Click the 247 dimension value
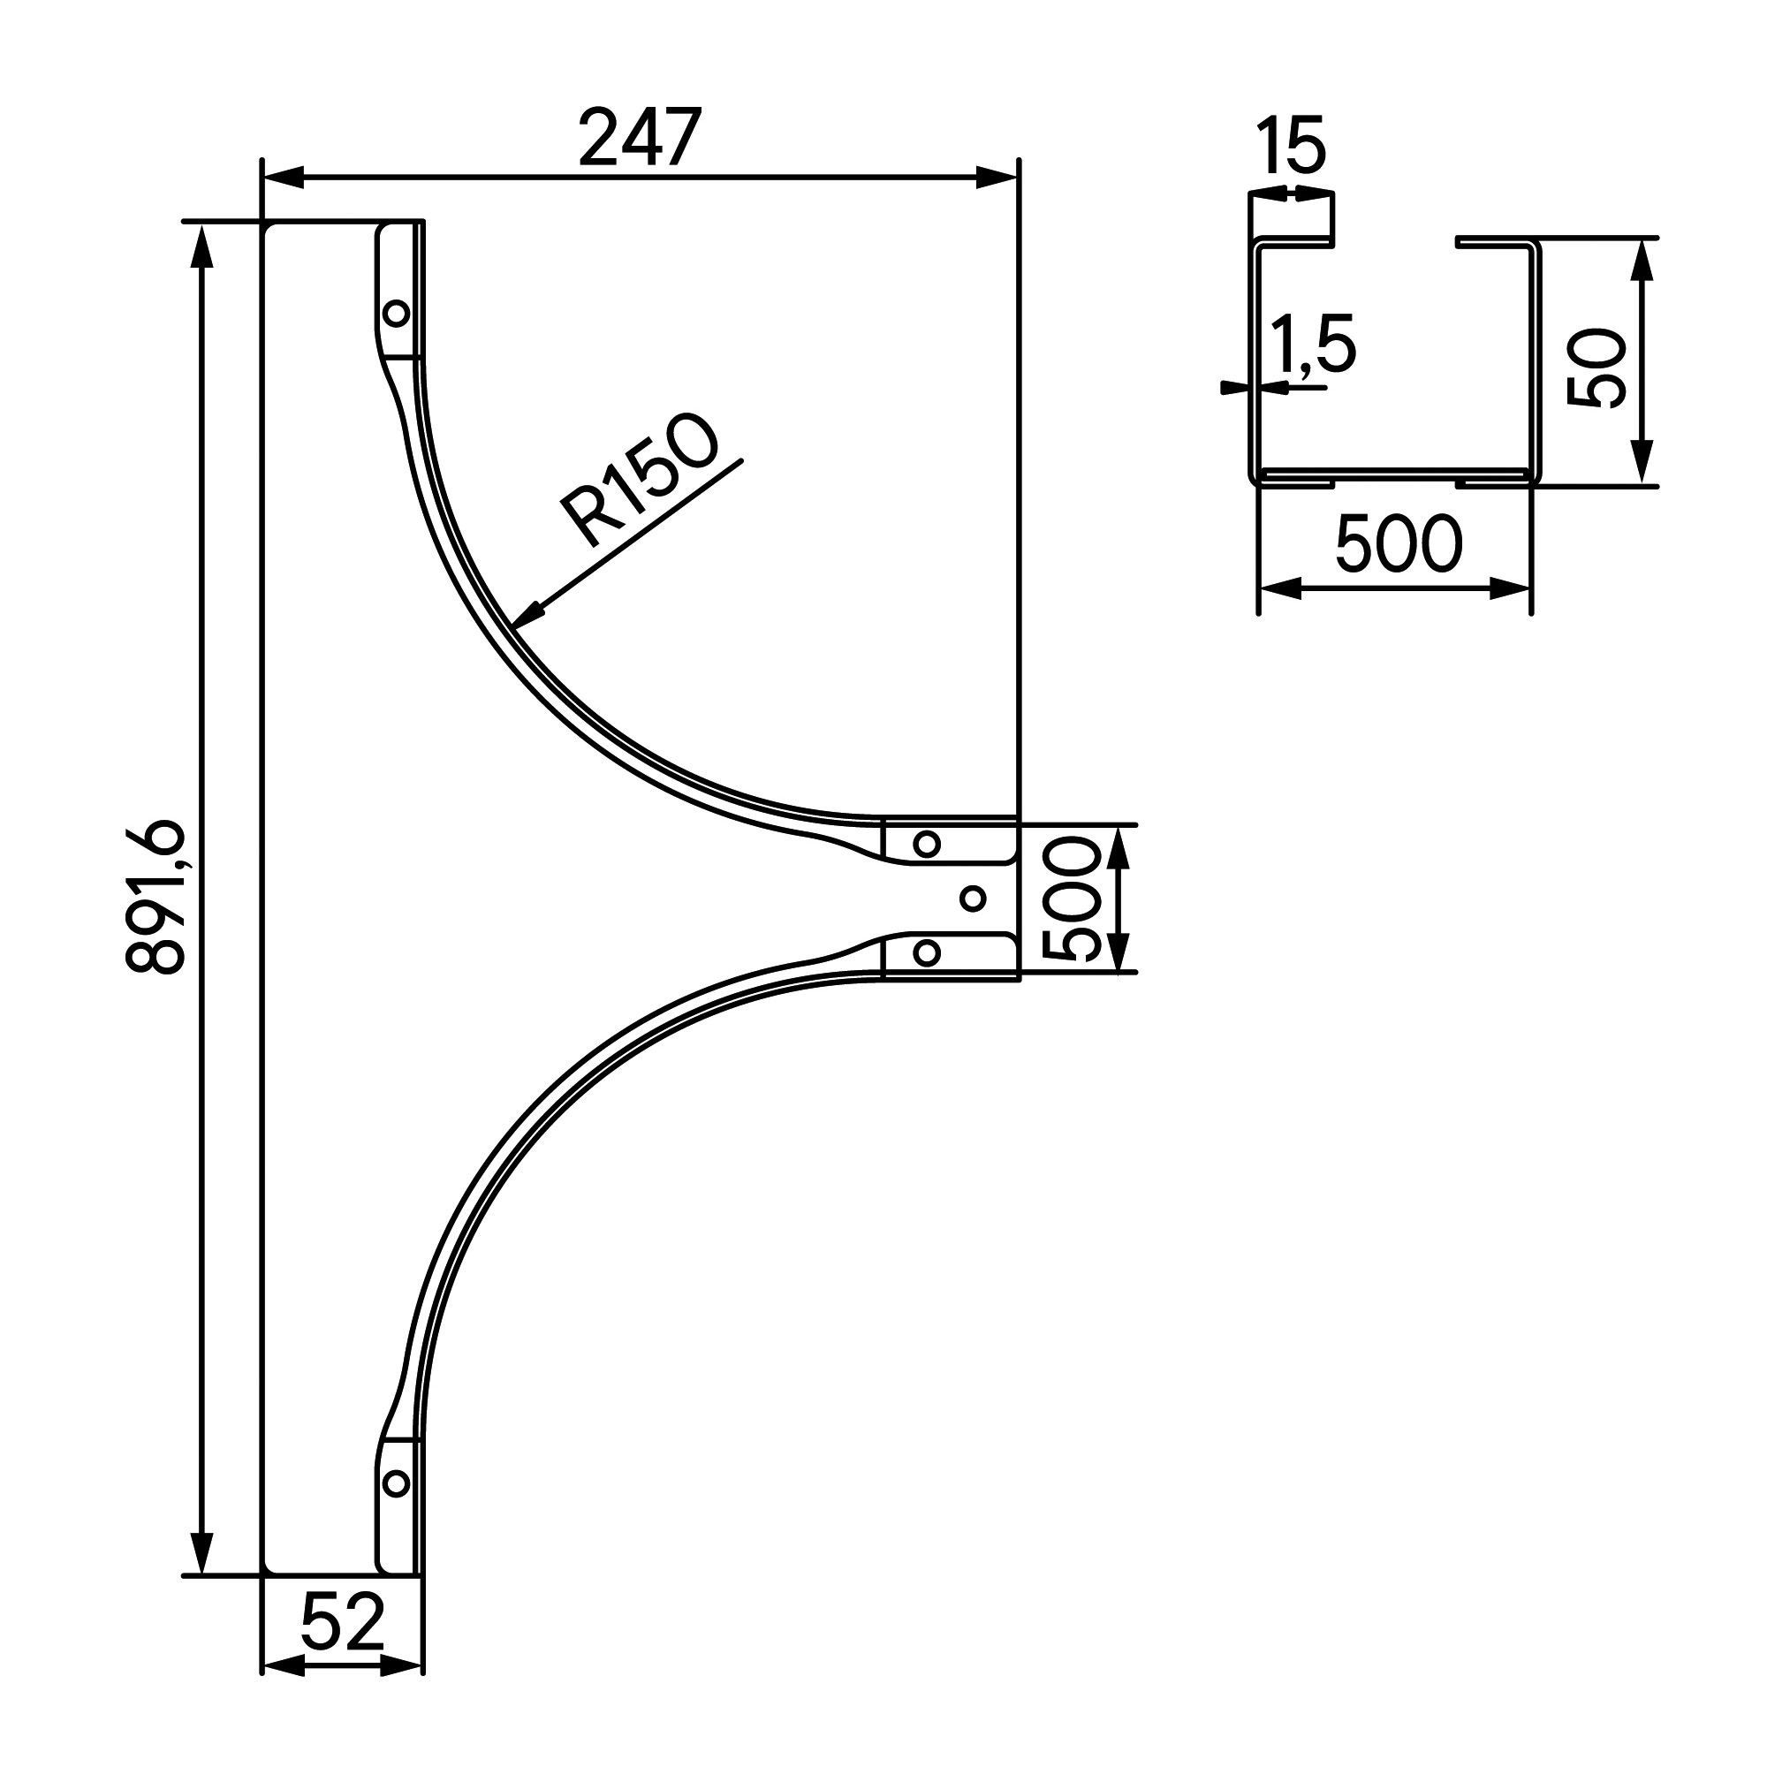[x=641, y=137]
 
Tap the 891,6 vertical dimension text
[x=155, y=898]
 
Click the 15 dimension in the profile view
[x=1291, y=145]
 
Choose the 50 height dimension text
[x=1596, y=368]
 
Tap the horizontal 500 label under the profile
[x=1399, y=544]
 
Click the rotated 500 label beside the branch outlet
[x=1070, y=899]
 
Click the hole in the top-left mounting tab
[x=396, y=314]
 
